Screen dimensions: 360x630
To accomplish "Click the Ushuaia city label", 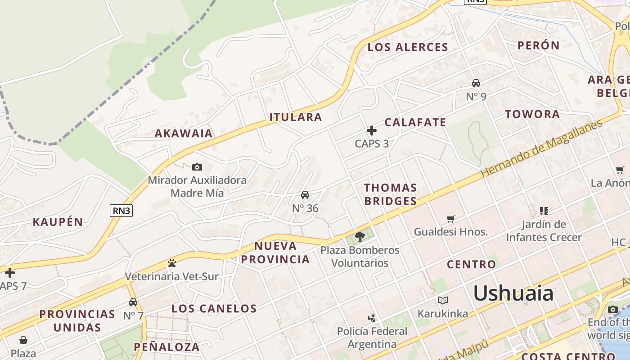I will (x=513, y=293).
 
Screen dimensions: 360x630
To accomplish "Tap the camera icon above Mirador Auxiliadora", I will (x=197, y=167).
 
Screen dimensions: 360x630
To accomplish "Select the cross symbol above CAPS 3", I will (x=372, y=130).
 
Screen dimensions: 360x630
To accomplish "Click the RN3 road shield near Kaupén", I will (x=121, y=210).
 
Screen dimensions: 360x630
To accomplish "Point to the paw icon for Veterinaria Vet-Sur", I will (x=171, y=263).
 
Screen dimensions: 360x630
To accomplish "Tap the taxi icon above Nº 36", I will (x=305, y=195).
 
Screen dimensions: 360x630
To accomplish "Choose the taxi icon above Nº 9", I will (x=476, y=83).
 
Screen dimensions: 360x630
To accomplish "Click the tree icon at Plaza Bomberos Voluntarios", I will (x=360, y=236).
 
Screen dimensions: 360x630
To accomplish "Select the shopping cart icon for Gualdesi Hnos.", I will (x=451, y=219).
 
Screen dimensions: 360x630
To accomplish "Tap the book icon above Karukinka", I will (x=443, y=300).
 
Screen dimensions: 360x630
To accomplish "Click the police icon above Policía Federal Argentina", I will (x=372, y=318).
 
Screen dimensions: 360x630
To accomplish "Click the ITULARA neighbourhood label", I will (x=296, y=117).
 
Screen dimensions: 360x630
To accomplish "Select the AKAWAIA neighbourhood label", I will (x=184, y=133).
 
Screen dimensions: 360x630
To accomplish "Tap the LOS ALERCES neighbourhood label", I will (x=408, y=47).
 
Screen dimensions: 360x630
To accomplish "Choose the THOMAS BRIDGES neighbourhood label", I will (x=390, y=194).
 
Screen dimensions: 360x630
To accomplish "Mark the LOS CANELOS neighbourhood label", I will (x=214, y=308).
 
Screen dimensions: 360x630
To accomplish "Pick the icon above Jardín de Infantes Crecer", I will (x=544, y=211).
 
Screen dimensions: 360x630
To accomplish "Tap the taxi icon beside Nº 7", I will (x=133, y=302).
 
